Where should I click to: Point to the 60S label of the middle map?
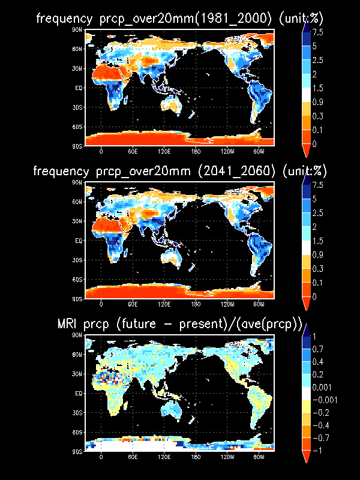point(79,279)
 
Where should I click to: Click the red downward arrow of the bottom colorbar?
point(305,457)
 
